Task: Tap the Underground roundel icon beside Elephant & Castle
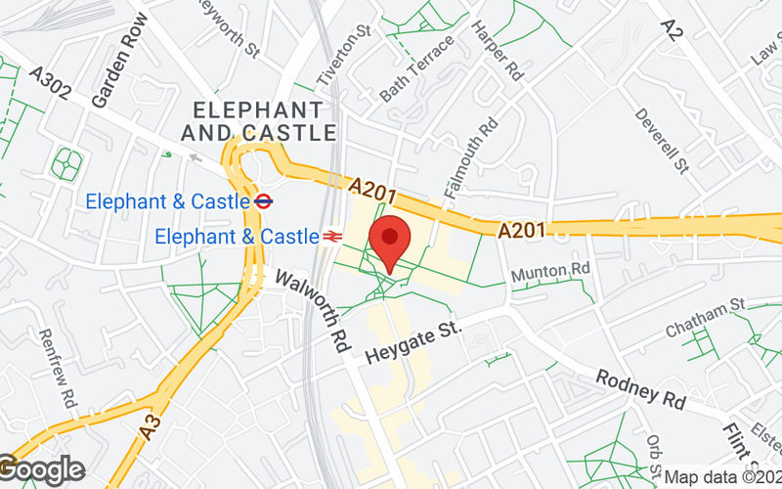tap(262, 201)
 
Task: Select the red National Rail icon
tap(333, 236)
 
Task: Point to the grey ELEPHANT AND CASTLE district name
tap(258, 120)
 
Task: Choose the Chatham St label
tap(705, 318)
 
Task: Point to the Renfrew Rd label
tap(57, 368)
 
